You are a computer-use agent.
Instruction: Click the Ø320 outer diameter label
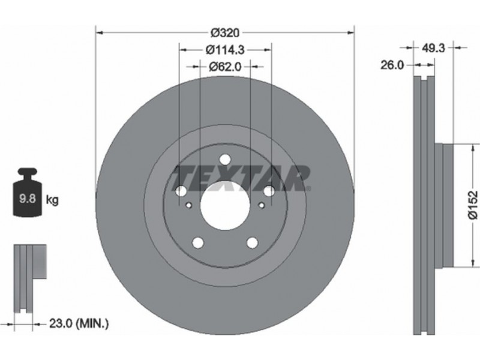(x=225, y=32)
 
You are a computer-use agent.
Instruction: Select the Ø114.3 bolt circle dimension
(x=225, y=50)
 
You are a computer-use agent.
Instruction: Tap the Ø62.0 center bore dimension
(x=225, y=67)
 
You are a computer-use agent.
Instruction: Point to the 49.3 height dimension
(x=433, y=48)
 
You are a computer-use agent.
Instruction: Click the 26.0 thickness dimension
(x=392, y=65)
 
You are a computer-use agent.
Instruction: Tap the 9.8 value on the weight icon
(x=28, y=199)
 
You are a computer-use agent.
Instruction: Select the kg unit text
(x=52, y=200)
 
